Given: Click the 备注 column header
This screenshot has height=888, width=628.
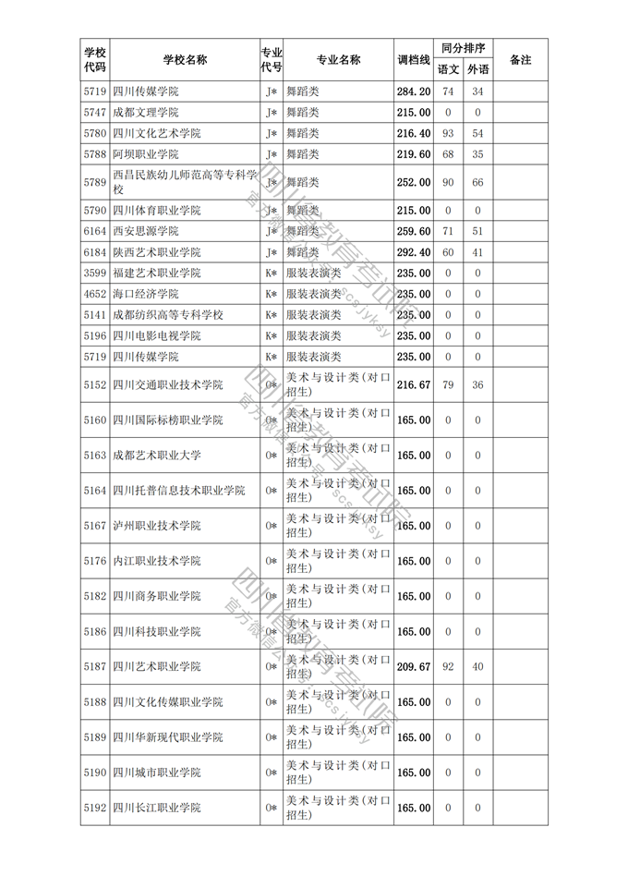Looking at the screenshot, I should tap(520, 60).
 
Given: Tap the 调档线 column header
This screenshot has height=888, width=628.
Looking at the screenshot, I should tap(413, 60).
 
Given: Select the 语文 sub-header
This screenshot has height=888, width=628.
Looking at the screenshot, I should tap(448, 69).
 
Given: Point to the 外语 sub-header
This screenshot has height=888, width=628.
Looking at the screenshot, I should tap(477, 69).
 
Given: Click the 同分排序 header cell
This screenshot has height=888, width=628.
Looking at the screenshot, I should tap(463, 48).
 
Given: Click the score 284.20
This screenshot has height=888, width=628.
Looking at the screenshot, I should tap(413, 91).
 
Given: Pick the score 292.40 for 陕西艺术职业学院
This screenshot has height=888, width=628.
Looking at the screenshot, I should tap(413, 252).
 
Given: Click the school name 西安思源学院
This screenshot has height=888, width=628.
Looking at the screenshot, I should tap(145, 231).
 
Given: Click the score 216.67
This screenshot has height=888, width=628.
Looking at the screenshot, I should tap(413, 384).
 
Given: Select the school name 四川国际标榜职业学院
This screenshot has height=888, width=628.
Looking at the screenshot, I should tap(167, 420).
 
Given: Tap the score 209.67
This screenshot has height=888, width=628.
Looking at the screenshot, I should tap(413, 666).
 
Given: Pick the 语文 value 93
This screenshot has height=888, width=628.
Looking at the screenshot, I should tap(448, 134).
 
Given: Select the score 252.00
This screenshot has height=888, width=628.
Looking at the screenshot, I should tap(413, 182).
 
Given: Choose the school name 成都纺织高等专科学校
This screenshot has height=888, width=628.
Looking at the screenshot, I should tap(167, 315).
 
